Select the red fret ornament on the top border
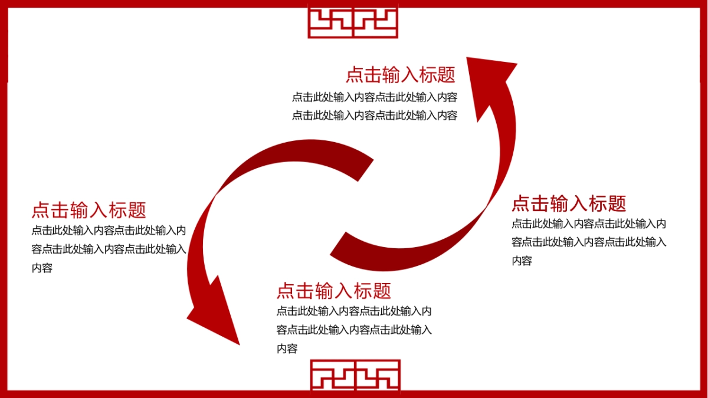tap(353, 22)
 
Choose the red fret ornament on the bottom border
tap(355, 375)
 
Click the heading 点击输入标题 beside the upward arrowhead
tap(401, 75)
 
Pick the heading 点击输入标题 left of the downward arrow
tap(88, 210)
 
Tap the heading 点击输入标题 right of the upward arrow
tap(568, 203)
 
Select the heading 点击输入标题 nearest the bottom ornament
tap(333, 291)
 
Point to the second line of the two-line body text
tap(374, 116)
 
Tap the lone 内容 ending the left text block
tap(42, 268)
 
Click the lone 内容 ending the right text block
tap(522, 261)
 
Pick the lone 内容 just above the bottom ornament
tap(287, 348)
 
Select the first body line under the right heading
tap(588, 223)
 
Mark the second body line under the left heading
tap(109, 249)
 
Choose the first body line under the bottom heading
tap(353, 311)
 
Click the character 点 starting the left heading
tap(41, 210)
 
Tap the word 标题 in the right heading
tap(607, 203)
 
